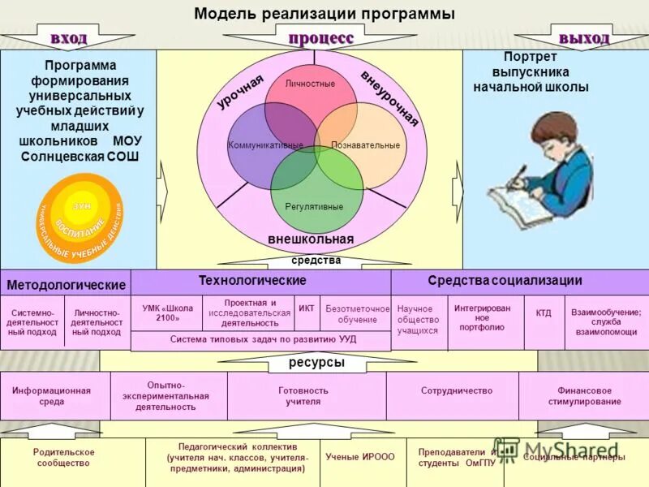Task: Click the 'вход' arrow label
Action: tap(69, 38)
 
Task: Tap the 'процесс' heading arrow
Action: tap(321, 38)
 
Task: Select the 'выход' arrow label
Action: tap(583, 38)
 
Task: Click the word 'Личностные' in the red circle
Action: tap(311, 84)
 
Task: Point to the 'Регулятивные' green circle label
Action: tap(314, 207)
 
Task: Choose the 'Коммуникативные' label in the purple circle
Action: tap(265, 145)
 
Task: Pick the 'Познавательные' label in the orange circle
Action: tap(365, 145)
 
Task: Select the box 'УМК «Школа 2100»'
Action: tap(167, 313)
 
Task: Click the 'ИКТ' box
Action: tap(307, 309)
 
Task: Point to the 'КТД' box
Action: tap(543, 312)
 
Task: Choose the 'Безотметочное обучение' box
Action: tap(358, 314)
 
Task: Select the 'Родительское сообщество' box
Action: tap(64, 458)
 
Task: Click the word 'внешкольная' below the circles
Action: tap(311, 239)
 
